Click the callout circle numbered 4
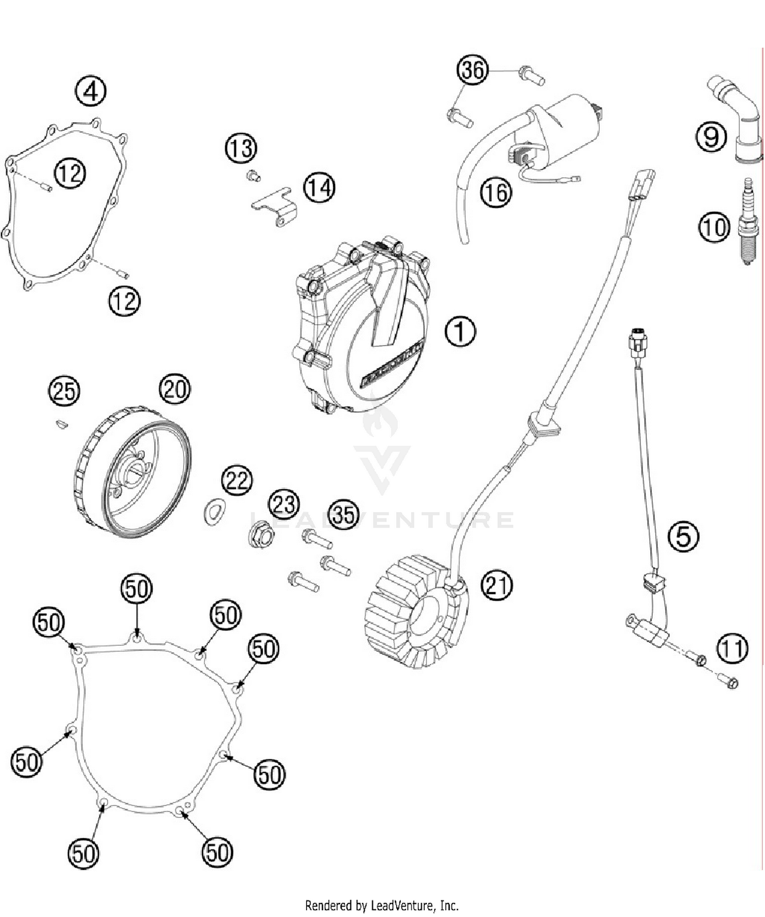[90, 92]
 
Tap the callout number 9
[711, 137]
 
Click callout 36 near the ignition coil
[472, 70]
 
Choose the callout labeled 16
[495, 193]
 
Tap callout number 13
[241, 149]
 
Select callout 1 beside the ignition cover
[460, 331]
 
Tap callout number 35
[343, 515]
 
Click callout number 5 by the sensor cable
[683, 536]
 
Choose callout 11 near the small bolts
[732, 648]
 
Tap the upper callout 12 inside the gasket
[70, 173]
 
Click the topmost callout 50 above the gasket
[137, 589]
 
